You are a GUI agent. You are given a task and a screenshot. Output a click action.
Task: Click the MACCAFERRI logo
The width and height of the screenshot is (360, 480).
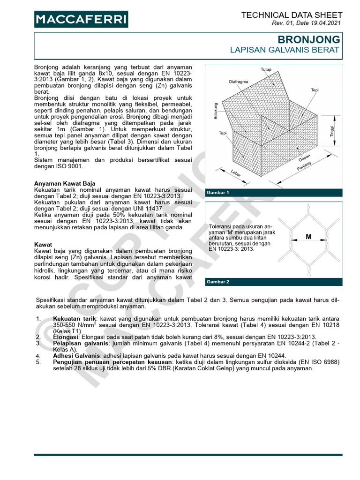(81, 19)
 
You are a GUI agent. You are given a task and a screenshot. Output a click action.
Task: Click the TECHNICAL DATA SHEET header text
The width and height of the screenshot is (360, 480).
(291, 15)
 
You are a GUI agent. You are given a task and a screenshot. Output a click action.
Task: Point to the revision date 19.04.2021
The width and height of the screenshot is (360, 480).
(325, 23)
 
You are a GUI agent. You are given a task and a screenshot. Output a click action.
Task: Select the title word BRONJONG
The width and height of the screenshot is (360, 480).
(311, 39)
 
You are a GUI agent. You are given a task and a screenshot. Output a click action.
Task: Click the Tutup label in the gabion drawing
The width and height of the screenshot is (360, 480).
(266, 69)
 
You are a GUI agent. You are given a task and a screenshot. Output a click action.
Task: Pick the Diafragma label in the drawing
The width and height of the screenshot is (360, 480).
(239, 81)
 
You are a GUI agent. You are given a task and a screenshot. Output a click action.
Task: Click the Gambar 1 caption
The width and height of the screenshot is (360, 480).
(218, 193)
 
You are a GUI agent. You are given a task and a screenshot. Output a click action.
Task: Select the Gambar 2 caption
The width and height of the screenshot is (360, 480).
(218, 282)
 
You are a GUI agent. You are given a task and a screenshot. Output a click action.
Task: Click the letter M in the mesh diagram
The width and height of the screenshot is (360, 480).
(308, 237)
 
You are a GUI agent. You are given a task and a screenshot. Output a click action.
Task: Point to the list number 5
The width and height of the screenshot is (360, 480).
(38, 362)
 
